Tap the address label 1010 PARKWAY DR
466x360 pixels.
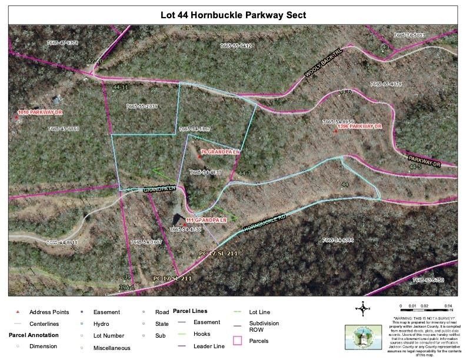40,112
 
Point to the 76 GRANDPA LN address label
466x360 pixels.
221,152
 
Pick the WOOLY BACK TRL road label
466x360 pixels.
323,64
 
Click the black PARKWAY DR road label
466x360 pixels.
432,161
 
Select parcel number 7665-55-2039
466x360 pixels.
142,106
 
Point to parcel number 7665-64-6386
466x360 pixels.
338,240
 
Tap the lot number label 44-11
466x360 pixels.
120,87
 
